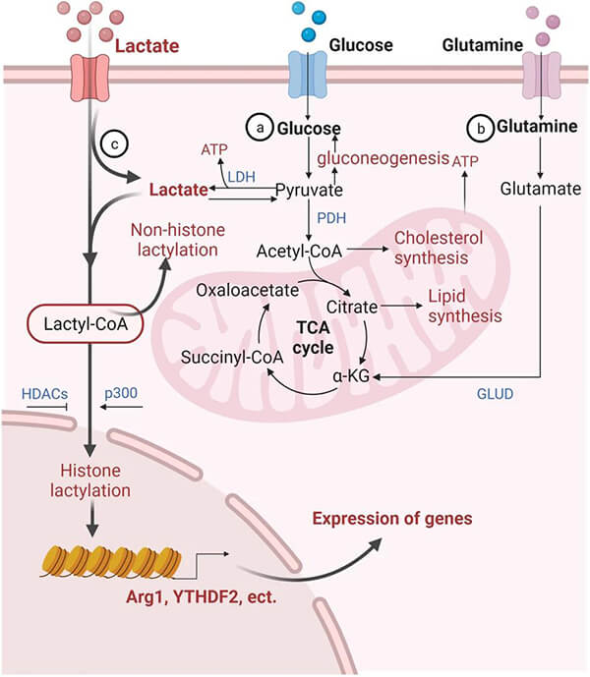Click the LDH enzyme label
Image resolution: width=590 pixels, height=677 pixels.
tap(241, 176)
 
